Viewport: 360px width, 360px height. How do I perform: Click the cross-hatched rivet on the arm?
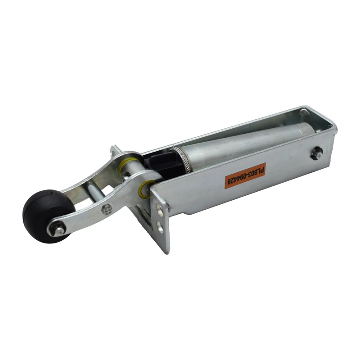107,209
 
